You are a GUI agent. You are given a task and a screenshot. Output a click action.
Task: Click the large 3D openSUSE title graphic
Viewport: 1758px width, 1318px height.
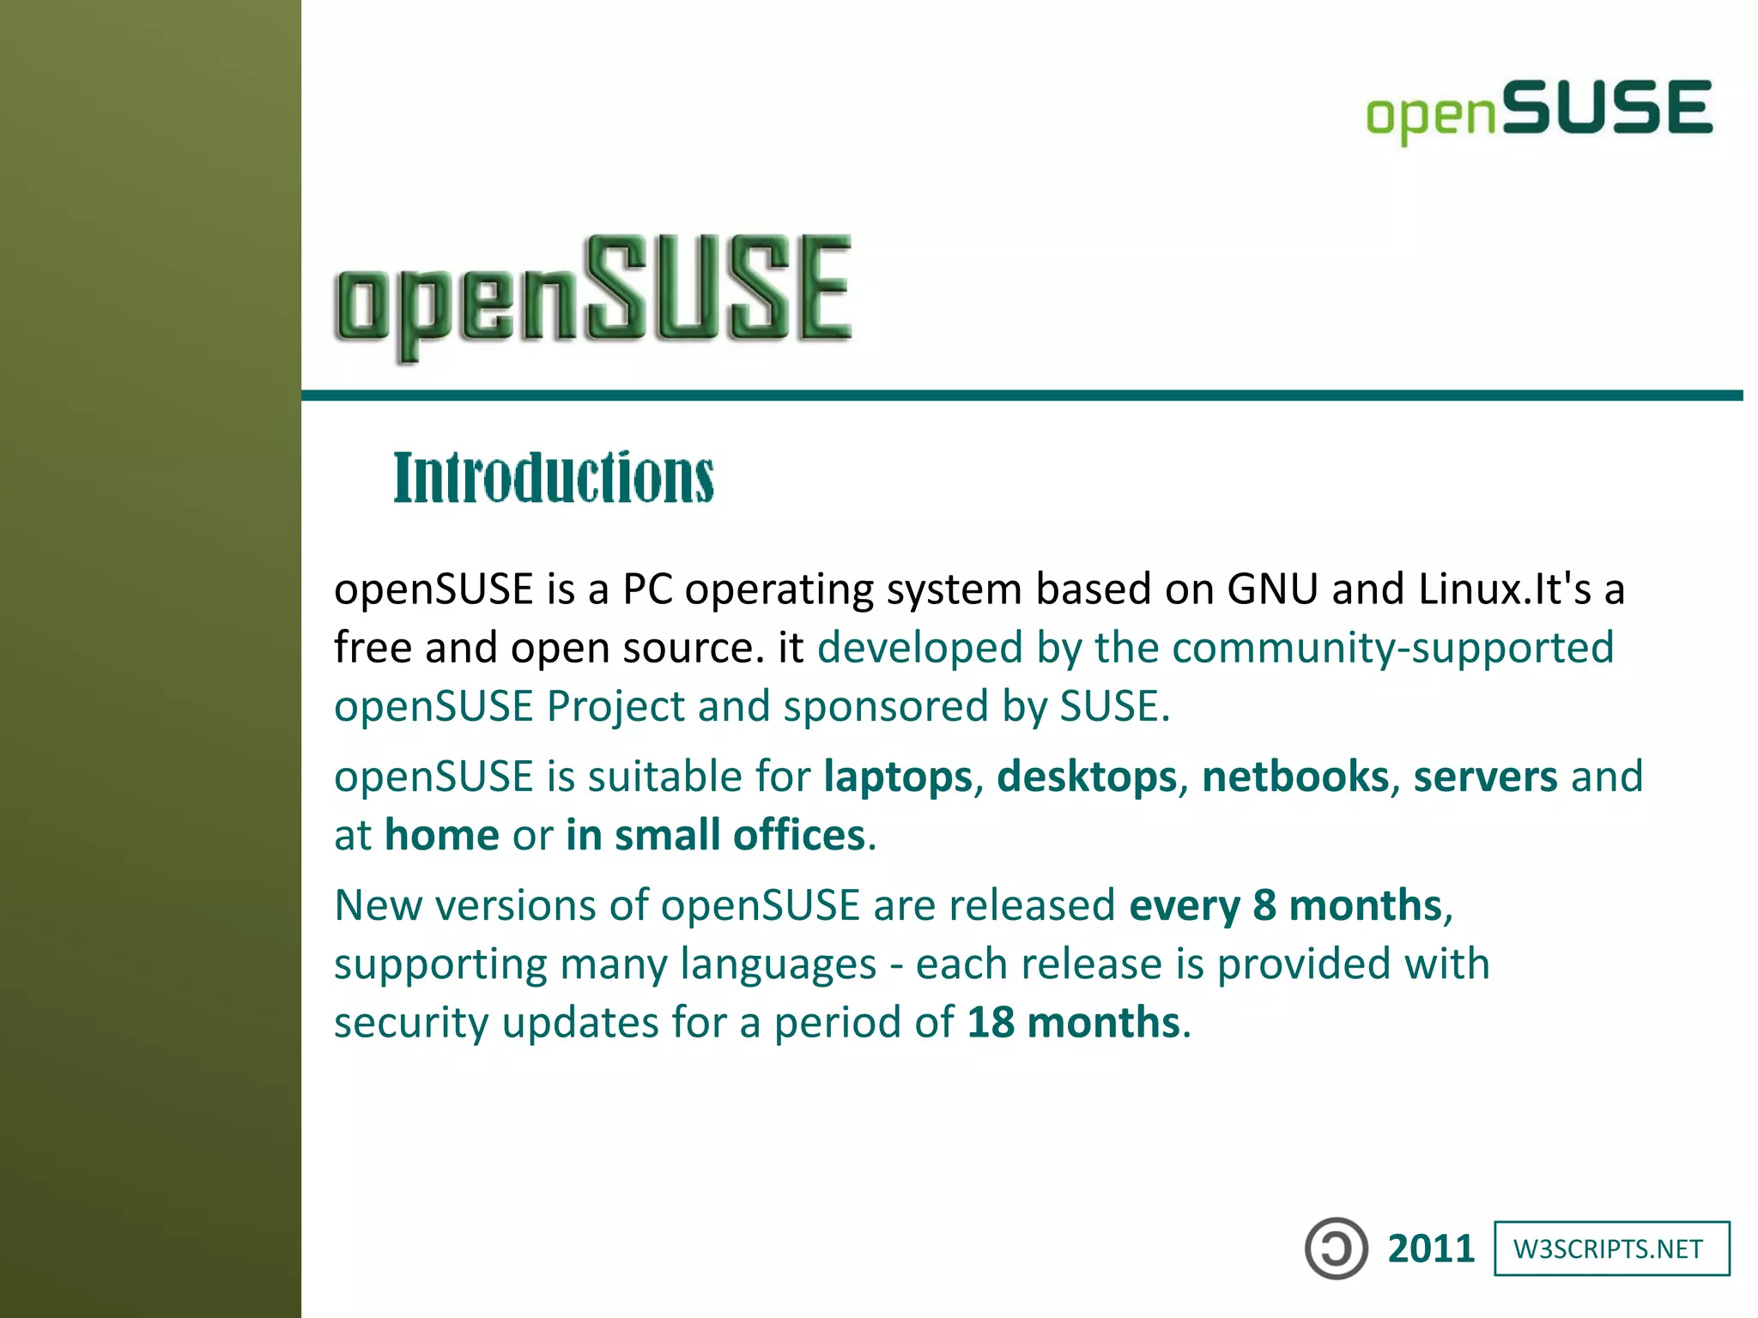pos(592,296)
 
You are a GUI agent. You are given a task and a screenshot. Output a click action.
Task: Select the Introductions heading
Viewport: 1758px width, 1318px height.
pos(554,477)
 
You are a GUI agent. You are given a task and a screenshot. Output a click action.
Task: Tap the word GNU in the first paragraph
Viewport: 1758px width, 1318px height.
pos(1272,589)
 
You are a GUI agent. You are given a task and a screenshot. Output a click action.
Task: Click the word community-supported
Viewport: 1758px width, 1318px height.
pos(1392,648)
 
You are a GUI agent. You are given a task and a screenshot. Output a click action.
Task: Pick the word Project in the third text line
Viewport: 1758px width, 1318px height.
pos(615,707)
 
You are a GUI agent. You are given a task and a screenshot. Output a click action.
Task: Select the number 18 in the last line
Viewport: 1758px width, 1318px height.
pos(991,1023)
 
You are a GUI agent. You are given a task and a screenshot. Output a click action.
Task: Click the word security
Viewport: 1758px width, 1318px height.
pos(411,1023)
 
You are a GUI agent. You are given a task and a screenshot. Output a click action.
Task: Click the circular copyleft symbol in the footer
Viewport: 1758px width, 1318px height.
pos(1336,1248)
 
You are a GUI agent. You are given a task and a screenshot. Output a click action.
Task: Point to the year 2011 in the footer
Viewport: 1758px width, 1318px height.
pos(1431,1249)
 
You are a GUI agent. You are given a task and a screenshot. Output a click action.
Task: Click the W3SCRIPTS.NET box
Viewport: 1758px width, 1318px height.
pos(1611,1248)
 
